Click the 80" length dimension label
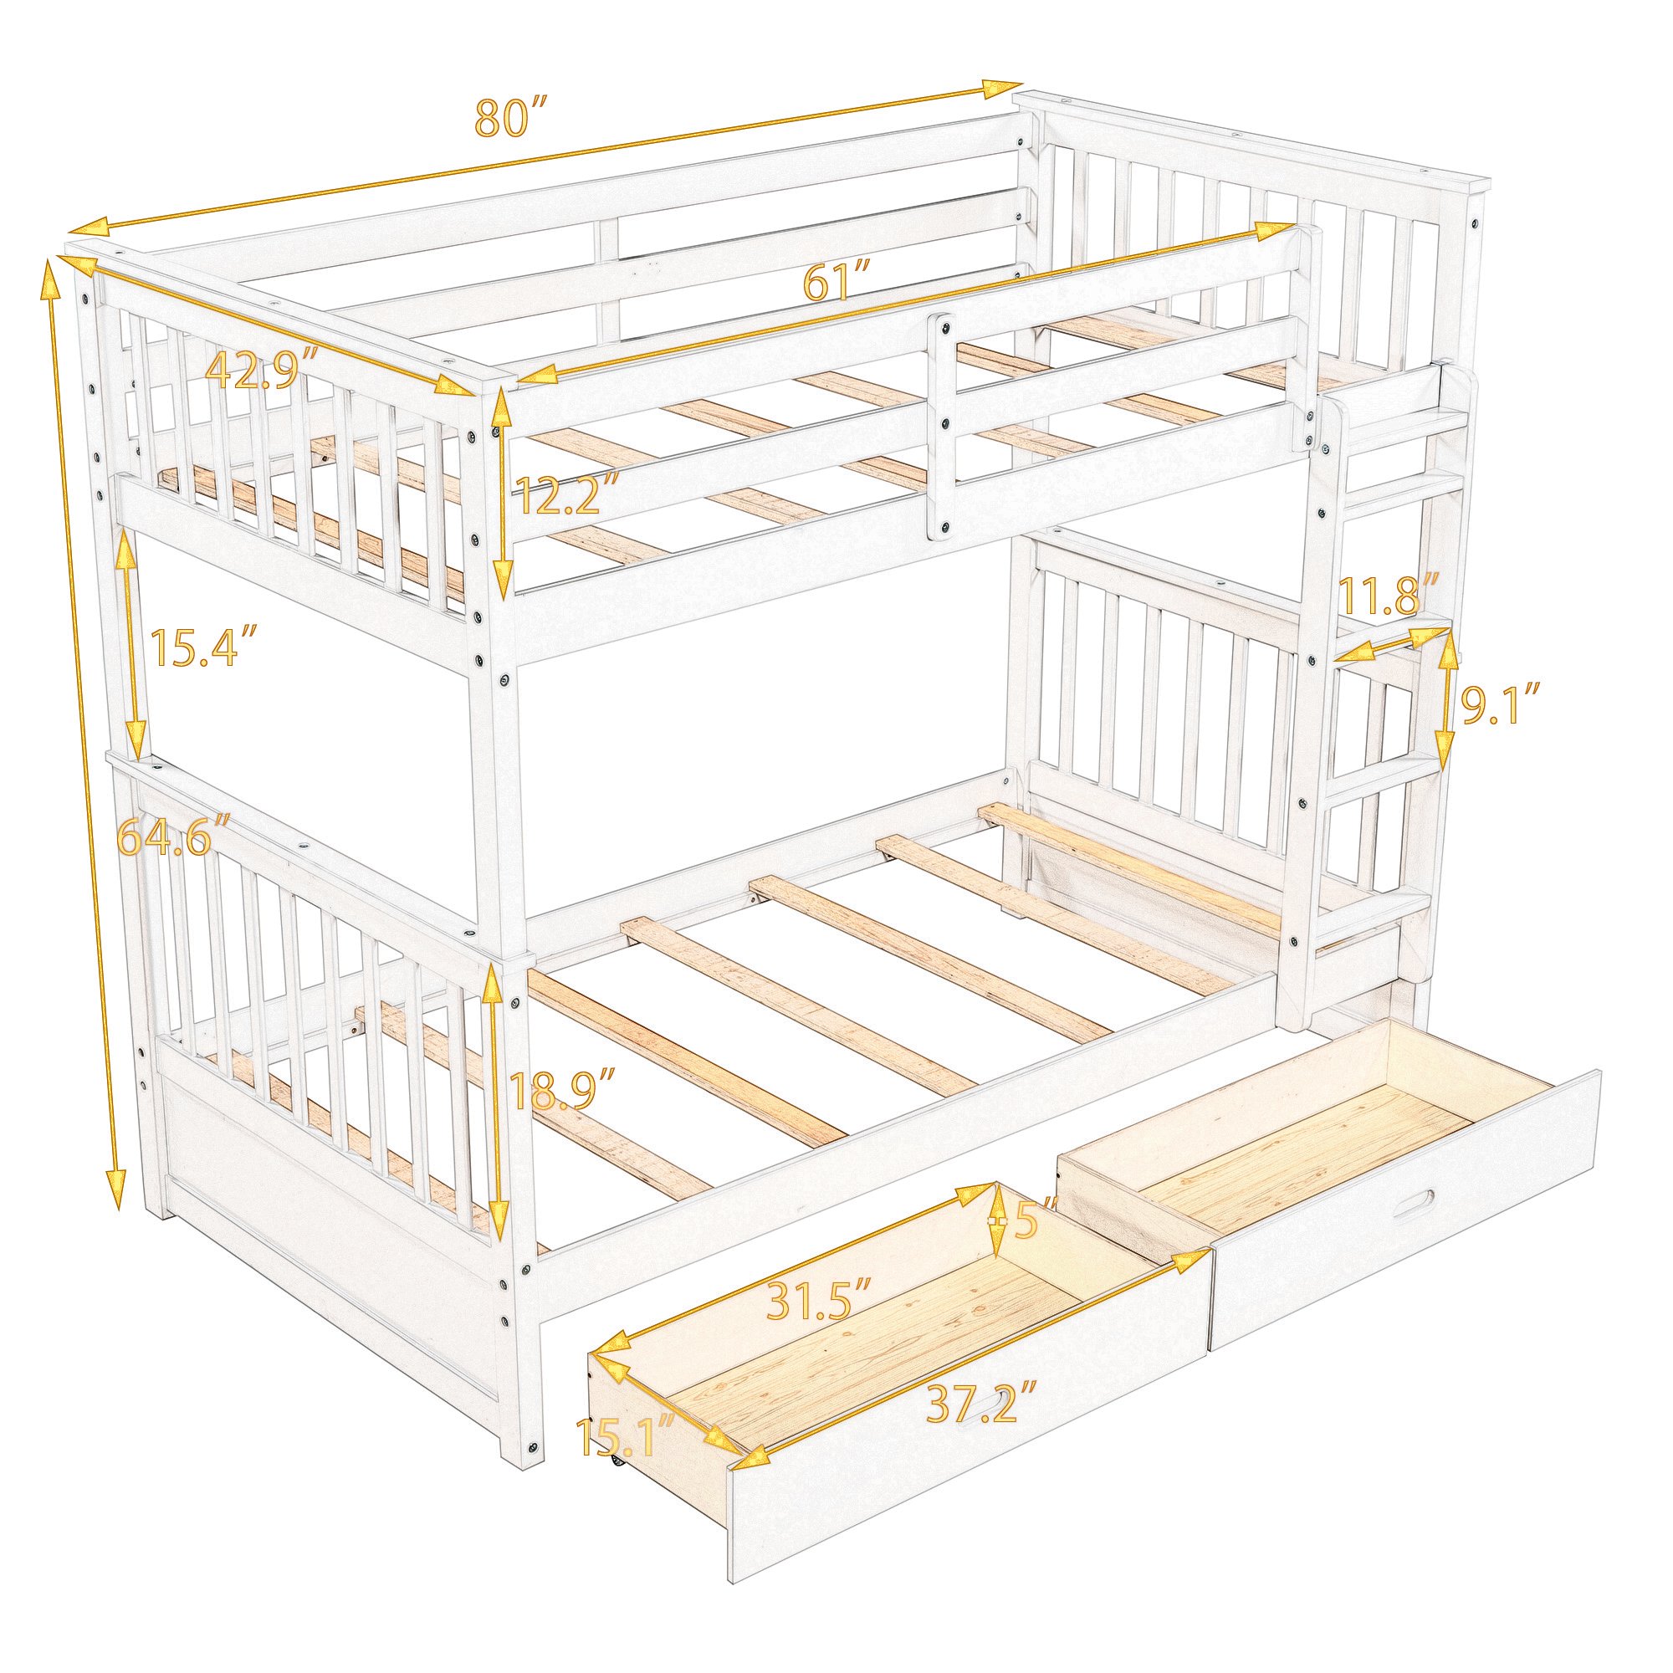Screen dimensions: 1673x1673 (512, 118)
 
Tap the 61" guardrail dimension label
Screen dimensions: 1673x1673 (836, 282)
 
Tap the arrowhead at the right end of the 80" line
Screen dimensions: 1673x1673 (1005, 88)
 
